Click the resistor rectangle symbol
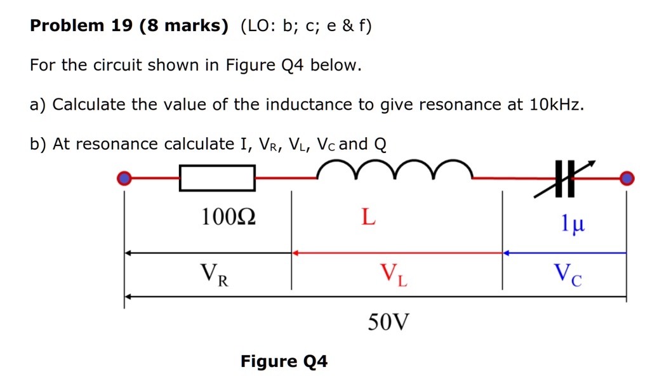[x=217, y=178]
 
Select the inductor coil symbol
[x=394, y=170]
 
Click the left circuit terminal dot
[x=125, y=178]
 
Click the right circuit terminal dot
[x=627, y=178]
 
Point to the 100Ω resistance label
[x=229, y=217]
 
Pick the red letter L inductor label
[x=368, y=217]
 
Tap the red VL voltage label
[x=394, y=274]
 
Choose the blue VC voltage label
[x=567, y=274]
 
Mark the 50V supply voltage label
[x=388, y=323]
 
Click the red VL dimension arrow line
[x=397, y=253]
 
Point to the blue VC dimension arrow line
[x=564, y=253]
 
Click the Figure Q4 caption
[x=284, y=361]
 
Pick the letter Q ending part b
[x=380, y=145]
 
